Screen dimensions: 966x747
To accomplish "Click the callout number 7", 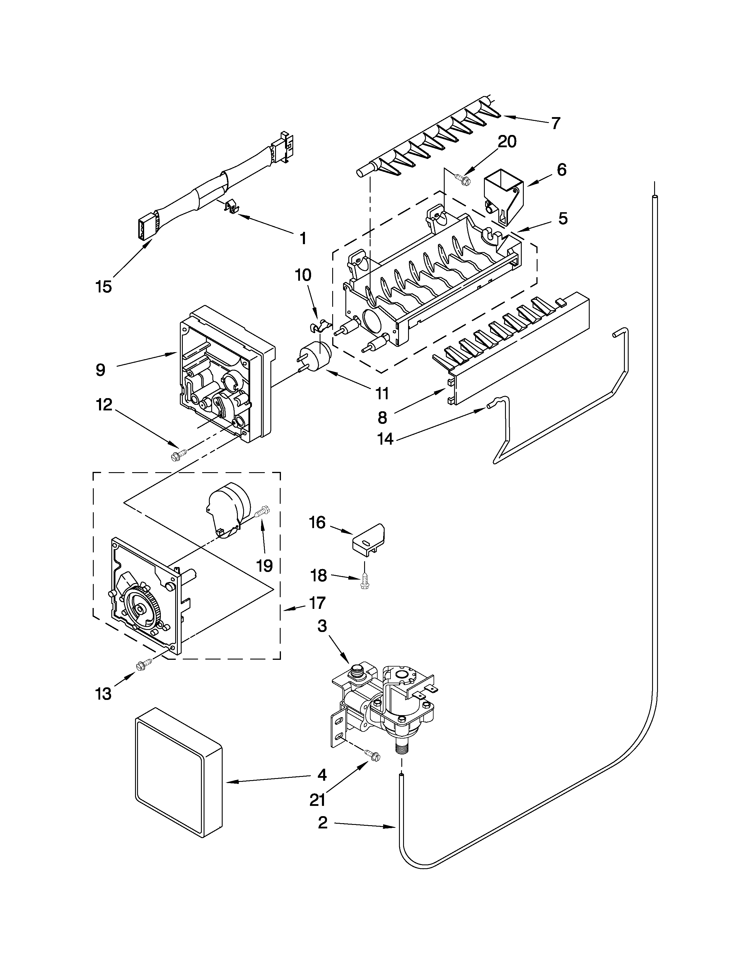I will click(x=556, y=123).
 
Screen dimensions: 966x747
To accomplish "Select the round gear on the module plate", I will click(x=141, y=609).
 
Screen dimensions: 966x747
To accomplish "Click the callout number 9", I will click(x=100, y=370).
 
